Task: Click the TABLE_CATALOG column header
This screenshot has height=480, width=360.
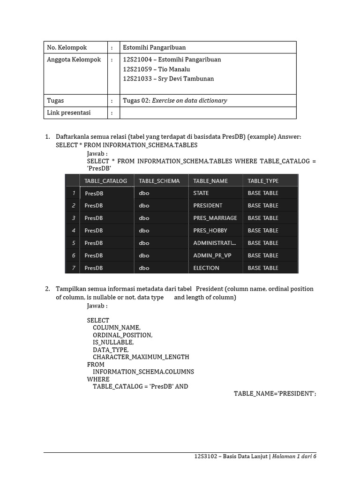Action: [x=105, y=180]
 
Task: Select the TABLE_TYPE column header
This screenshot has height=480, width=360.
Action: [x=262, y=180]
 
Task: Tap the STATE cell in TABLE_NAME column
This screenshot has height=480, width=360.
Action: [x=201, y=193]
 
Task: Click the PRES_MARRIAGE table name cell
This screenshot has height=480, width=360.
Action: [x=215, y=218]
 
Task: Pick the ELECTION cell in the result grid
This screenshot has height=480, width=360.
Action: [x=206, y=268]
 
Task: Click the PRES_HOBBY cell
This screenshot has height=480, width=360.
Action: [x=210, y=231]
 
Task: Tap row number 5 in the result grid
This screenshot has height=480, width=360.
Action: [x=73, y=243]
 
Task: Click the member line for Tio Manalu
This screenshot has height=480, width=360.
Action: [x=156, y=69]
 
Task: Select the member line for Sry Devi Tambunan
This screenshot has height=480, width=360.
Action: [x=168, y=79]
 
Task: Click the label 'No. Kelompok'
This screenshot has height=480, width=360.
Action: [x=67, y=47]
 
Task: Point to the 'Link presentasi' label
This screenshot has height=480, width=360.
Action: [x=68, y=112]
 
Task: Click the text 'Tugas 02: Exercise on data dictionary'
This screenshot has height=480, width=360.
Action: [x=175, y=100]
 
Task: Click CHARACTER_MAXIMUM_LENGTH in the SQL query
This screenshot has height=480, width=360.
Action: [x=141, y=357]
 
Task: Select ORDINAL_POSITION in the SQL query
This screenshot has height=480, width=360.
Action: [x=122, y=335]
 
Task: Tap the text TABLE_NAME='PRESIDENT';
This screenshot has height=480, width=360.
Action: [x=275, y=393]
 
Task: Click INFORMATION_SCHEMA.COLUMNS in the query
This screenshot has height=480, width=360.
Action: [x=143, y=372]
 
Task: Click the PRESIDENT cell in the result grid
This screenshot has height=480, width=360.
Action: [x=208, y=205]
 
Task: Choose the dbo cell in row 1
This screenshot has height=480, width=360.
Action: [x=144, y=193]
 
